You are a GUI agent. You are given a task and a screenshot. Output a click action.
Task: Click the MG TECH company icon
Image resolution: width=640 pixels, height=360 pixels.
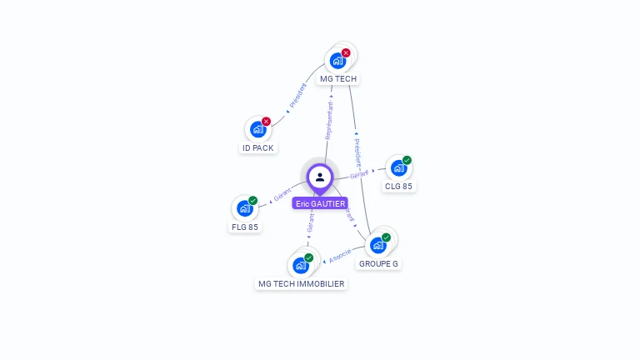(x=337, y=61)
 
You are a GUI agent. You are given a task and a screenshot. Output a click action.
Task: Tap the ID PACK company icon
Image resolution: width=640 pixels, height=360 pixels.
(x=258, y=129)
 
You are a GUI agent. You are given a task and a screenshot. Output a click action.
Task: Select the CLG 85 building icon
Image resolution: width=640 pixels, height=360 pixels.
(x=399, y=168)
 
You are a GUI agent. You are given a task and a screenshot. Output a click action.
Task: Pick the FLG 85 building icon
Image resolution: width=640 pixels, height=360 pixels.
(x=245, y=208)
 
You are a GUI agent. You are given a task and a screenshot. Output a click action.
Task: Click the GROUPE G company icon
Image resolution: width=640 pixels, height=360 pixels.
(x=378, y=245)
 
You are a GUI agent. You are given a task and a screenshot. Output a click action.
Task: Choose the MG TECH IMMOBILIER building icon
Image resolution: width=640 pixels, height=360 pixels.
(x=301, y=265)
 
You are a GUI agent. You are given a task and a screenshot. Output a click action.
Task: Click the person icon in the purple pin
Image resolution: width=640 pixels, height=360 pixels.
(x=320, y=177)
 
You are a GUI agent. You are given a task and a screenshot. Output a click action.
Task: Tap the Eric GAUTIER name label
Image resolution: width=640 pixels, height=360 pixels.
(x=320, y=203)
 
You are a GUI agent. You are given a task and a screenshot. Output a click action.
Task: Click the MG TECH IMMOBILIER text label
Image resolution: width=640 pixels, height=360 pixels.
(x=301, y=284)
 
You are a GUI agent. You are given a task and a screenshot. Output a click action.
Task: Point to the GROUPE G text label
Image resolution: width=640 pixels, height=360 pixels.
(x=378, y=264)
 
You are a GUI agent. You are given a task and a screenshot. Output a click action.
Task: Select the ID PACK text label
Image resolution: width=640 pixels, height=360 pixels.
(x=258, y=148)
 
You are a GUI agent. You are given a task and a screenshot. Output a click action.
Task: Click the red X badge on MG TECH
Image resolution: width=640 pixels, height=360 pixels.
(x=346, y=52)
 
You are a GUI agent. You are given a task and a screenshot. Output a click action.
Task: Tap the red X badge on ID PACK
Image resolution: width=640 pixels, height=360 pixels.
(x=267, y=121)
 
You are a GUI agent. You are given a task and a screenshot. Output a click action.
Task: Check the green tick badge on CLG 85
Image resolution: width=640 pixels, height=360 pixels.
(x=407, y=160)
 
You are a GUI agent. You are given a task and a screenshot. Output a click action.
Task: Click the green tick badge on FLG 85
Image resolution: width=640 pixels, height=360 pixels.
(x=252, y=200)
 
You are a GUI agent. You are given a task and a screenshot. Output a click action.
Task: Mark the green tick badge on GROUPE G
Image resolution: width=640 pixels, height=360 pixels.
(x=386, y=237)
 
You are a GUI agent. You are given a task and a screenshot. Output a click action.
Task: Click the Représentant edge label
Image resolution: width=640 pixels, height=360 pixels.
(x=329, y=119)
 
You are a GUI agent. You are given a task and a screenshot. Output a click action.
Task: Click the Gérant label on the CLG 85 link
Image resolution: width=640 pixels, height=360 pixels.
(x=360, y=174)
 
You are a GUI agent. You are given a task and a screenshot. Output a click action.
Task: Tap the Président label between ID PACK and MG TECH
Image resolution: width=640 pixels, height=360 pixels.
(x=297, y=96)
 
